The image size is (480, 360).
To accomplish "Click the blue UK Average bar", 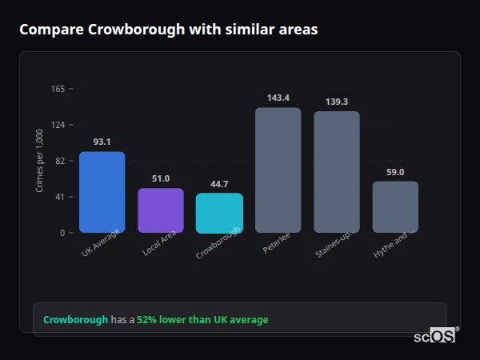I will click(x=102, y=192).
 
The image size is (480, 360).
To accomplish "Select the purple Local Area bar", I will click(x=161, y=210).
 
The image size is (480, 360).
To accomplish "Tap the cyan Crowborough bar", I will click(x=219, y=213).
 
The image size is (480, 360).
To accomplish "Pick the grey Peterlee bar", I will click(x=278, y=170).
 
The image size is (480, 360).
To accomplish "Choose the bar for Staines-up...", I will click(x=337, y=172).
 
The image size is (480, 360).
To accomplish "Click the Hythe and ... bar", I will click(x=395, y=206).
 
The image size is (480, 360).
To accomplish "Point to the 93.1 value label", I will click(x=102, y=142).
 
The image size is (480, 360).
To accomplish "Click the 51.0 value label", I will click(x=161, y=178).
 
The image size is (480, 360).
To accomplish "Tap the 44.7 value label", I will click(x=219, y=183).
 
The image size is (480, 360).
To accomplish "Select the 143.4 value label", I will click(x=278, y=98).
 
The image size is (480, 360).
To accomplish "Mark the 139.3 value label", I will click(x=337, y=102).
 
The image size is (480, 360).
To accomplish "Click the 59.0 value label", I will click(x=395, y=171).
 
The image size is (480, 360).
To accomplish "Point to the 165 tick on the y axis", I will click(x=58, y=89).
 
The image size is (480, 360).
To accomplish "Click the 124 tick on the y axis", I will click(x=58, y=125).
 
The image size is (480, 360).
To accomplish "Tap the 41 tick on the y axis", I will click(x=59, y=197).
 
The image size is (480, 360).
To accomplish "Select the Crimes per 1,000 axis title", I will click(x=40, y=161).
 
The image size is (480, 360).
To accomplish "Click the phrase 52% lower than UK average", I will click(x=202, y=320).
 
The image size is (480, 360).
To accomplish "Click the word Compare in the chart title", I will click(x=51, y=30).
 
